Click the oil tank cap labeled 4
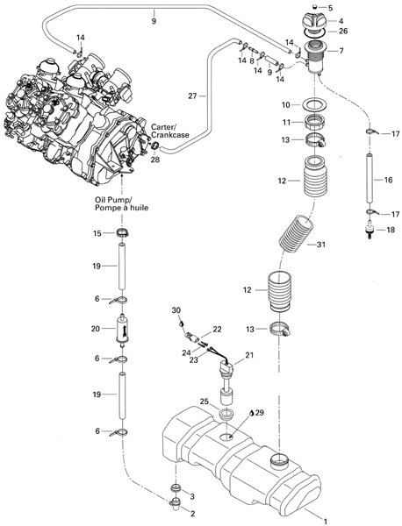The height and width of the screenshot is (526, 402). (x=315, y=20)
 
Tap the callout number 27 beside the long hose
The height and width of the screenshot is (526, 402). (x=192, y=96)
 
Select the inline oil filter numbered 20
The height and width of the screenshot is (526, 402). (x=122, y=330)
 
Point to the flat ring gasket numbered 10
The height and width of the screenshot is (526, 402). (x=315, y=104)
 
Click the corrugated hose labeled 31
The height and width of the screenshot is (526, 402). (x=298, y=234)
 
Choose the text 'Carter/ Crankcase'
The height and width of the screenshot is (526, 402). (x=169, y=131)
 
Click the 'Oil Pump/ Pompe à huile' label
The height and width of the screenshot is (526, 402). (x=121, y=204)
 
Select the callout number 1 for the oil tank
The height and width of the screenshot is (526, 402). (x=325, y=521)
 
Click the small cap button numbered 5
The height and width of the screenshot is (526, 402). (x=315, y=7)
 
